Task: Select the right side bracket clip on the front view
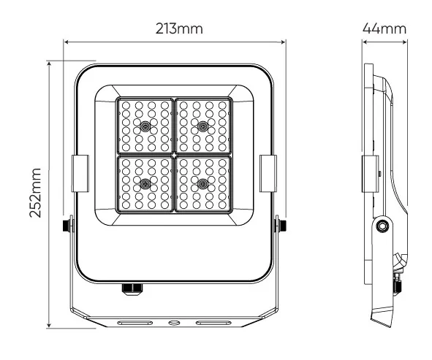click(x=269, y=171)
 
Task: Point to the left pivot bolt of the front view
click(x=68, y=223)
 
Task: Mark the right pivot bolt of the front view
click(x=280, y=223)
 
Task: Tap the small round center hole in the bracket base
click(x=174, y=321)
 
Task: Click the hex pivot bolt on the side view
click(x=380, y=227)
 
